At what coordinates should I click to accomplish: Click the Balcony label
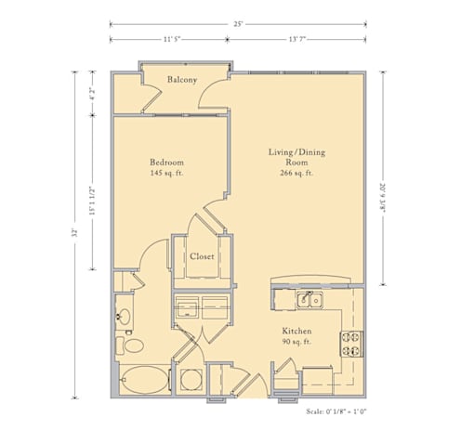point(182,80)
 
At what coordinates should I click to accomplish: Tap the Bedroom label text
point(166,163)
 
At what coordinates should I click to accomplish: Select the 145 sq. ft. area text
point(166,173)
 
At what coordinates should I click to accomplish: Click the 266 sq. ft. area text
point(296,173)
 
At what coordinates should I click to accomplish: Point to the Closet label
point(202,256)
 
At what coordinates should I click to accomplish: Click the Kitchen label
point(296,331)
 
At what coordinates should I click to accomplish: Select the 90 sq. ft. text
point(296,342)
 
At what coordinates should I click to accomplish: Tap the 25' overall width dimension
point(238,24)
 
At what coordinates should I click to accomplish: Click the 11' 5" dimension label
point(172,39)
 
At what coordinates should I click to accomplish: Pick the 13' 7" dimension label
point(297,39)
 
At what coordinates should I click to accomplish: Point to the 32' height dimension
point(74,233)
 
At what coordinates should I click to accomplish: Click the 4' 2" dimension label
point(92,93)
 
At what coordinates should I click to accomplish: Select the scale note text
point(336,411)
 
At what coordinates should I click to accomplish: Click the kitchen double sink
point(309,300)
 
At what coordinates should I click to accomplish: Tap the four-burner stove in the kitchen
point(351,344)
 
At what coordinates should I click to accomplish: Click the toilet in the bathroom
point(129,345)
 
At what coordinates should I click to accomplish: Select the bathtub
point(145,380)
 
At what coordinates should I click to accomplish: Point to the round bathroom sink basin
point(125,317)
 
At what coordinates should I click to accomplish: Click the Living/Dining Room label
point(296,157)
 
